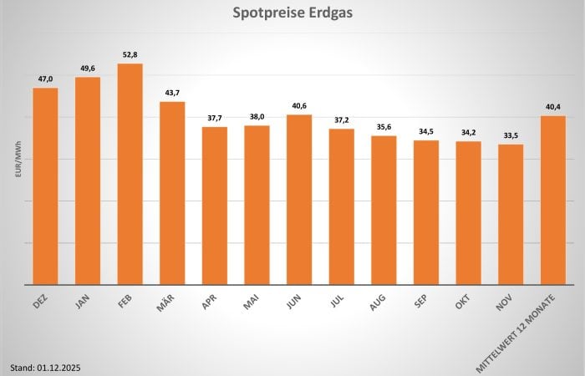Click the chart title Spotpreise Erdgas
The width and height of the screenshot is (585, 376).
coord(292,14)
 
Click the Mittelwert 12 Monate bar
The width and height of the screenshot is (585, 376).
coord(553,200)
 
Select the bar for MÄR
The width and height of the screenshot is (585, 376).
coord(172,193)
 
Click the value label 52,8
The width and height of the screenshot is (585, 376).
coord(130,54)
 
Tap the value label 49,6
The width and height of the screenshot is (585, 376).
coord(88,68)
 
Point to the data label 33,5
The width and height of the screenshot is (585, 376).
coord(511,135)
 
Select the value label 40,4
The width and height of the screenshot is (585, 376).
coord(553,106)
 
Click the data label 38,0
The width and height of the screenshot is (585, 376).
coord(257,116)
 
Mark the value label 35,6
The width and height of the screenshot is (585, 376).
coord(384,126)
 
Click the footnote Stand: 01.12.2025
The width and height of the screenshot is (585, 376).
coord(46,367)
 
